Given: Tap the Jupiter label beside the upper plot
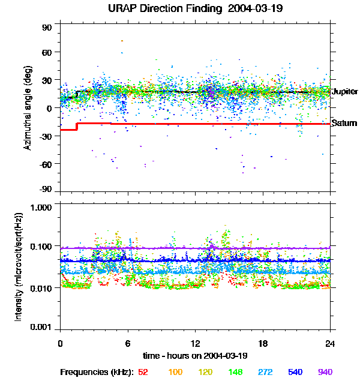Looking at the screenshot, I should (344, 92).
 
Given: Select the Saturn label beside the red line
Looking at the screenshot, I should (344, 124).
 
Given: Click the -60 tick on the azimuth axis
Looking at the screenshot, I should (46, 163).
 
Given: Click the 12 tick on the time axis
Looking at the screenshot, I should (195, 344).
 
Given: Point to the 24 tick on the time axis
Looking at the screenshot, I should (330, 344).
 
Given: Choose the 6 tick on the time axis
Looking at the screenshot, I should (128, 344).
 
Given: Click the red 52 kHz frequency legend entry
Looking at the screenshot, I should (143, 373).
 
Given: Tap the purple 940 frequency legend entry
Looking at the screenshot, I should (325, 373).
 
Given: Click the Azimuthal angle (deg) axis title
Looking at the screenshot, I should (27, 108).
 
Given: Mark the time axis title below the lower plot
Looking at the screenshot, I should (195, 356).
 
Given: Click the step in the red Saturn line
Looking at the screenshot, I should (77, 126).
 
